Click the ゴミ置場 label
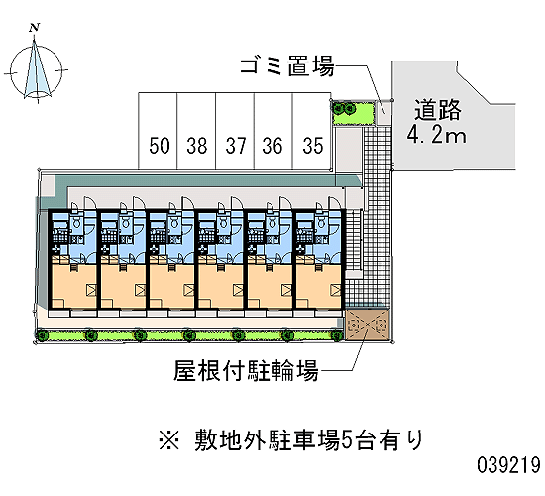click(x=287, y=66)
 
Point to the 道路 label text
click(x=438, y=110)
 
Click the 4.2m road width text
click(x=437, y=135)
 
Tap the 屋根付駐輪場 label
click(x=246, y=371)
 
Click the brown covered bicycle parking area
click(x=367, y=324)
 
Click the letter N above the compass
click(x=34, y=28)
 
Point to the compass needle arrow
click(x=36, y=67)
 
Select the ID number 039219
click(x=509, y=465)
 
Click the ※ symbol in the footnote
click(x=169, y=440)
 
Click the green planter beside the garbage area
click(x=354, y=113)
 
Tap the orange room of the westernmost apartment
click(x=73, y=286)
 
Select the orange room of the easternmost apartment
click(x=318, y=286)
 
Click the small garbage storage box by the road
click(x=384, y=112)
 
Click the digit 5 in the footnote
click(x=347, y=440)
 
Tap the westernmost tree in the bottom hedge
click(x=43, y=336)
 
